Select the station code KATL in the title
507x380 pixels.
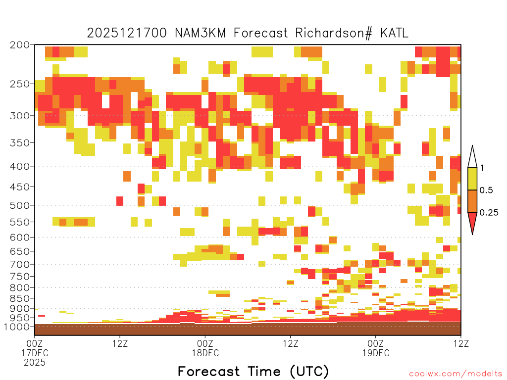coord(395,33)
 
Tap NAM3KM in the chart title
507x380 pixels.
coord(200,33)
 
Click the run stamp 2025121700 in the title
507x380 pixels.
coord(127,33)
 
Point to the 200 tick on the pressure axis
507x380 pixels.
coord(20,45)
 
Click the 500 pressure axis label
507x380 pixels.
coord(20,205)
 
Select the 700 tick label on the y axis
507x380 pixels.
coord(20,264)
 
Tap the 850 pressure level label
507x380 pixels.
coord(20,298)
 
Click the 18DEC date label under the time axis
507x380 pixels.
coord(205,353)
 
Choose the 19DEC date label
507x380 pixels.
coord(376,353)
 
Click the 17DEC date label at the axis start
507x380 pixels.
coord(35,353)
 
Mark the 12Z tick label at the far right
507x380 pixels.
coord(461,343)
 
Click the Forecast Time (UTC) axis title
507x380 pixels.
coord(253,371)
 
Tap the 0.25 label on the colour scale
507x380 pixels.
coord(489,212)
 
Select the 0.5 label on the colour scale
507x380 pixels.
coord(486,190)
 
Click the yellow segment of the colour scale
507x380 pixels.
coord(472,179)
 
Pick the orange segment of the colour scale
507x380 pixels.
coord(472,201)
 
